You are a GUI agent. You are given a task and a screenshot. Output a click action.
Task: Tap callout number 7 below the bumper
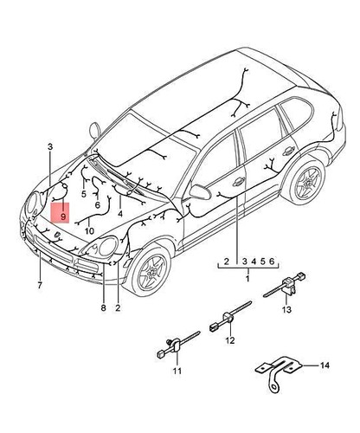pyautogui.click(x=40, y=284)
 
